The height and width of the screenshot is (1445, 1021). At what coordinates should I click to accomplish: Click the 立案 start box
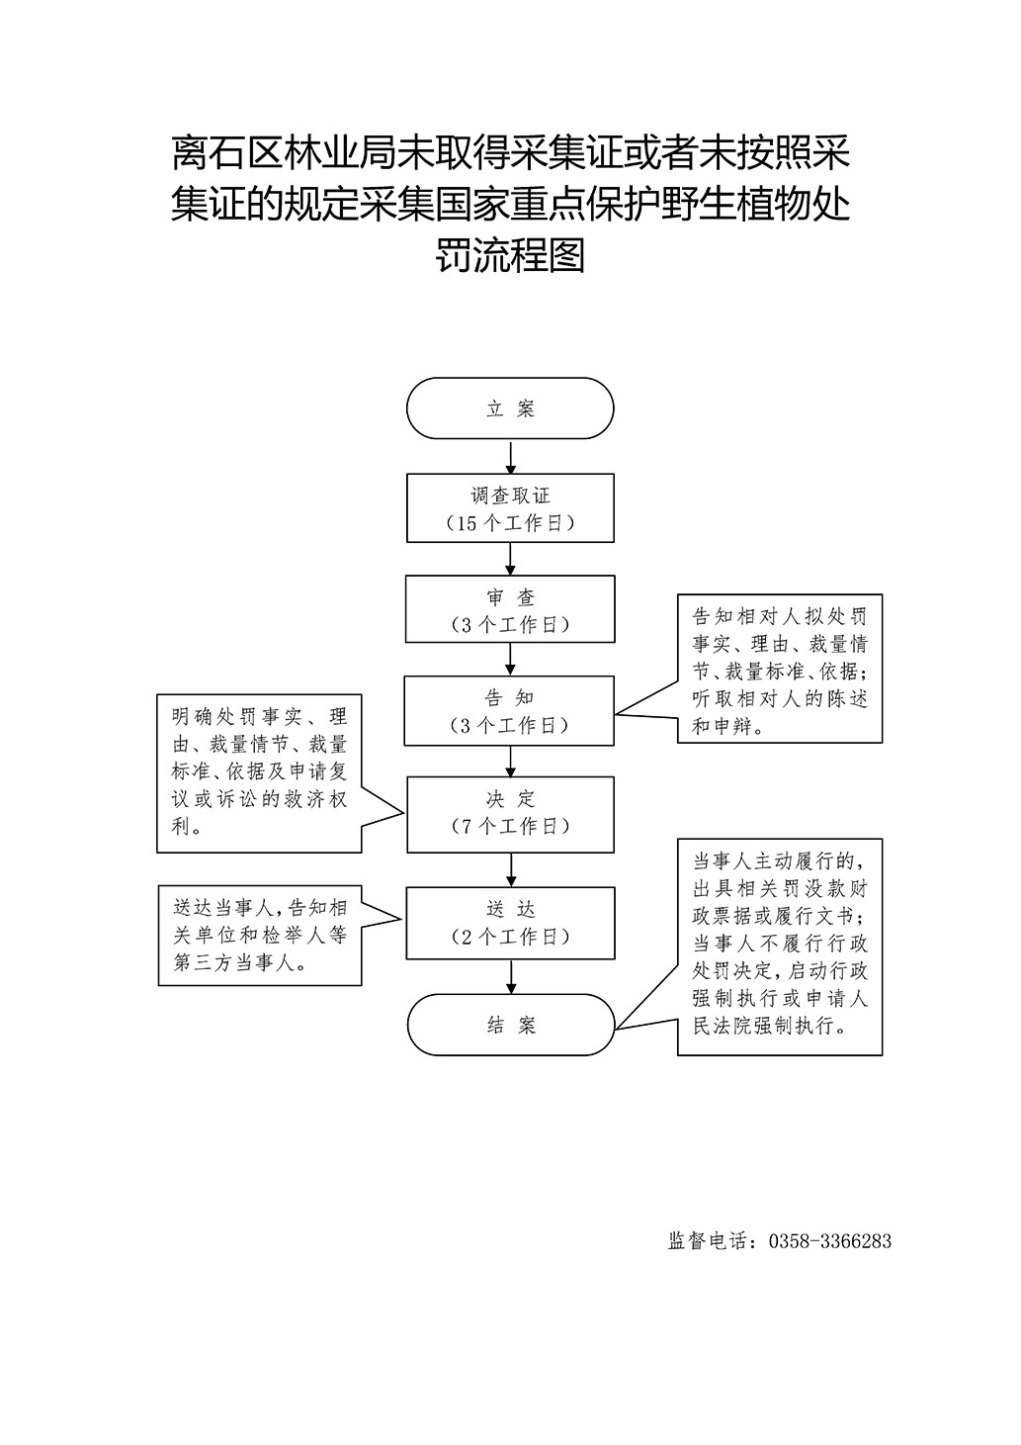point(510,408)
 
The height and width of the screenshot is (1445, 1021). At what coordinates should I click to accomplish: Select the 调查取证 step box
point(510,508)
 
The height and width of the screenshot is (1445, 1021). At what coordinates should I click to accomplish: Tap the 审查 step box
point(510,609)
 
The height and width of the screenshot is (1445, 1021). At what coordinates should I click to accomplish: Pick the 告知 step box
point(510,710)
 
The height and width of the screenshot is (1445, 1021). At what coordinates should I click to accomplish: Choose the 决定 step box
point(510,813)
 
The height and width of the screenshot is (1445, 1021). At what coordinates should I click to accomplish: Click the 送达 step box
point(510,922)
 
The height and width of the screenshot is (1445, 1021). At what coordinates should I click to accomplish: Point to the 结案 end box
point(510,1025)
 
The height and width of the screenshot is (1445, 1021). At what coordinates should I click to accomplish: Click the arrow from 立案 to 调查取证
point(510,457)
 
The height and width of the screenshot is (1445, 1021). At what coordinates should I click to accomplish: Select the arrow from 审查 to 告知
point(510,659)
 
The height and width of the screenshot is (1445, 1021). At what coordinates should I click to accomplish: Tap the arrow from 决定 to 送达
point(510,869)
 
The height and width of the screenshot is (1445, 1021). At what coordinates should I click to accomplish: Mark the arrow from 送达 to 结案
point(510,975)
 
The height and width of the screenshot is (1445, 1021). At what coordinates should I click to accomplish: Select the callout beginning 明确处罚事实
point(259,771)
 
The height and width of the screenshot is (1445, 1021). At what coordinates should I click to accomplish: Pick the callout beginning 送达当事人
point(259,935)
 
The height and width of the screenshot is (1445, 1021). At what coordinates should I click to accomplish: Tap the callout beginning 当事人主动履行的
point(780,948)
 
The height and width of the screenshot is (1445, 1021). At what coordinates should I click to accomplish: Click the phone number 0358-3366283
point(829,1241)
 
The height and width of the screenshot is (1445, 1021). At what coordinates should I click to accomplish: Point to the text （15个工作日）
point(510,523)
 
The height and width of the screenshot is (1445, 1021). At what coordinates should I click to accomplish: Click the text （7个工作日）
point(510,827)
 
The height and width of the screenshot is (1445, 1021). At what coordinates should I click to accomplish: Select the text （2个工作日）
point(510,937)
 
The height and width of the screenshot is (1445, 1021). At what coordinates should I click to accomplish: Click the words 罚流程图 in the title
point(510,256)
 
